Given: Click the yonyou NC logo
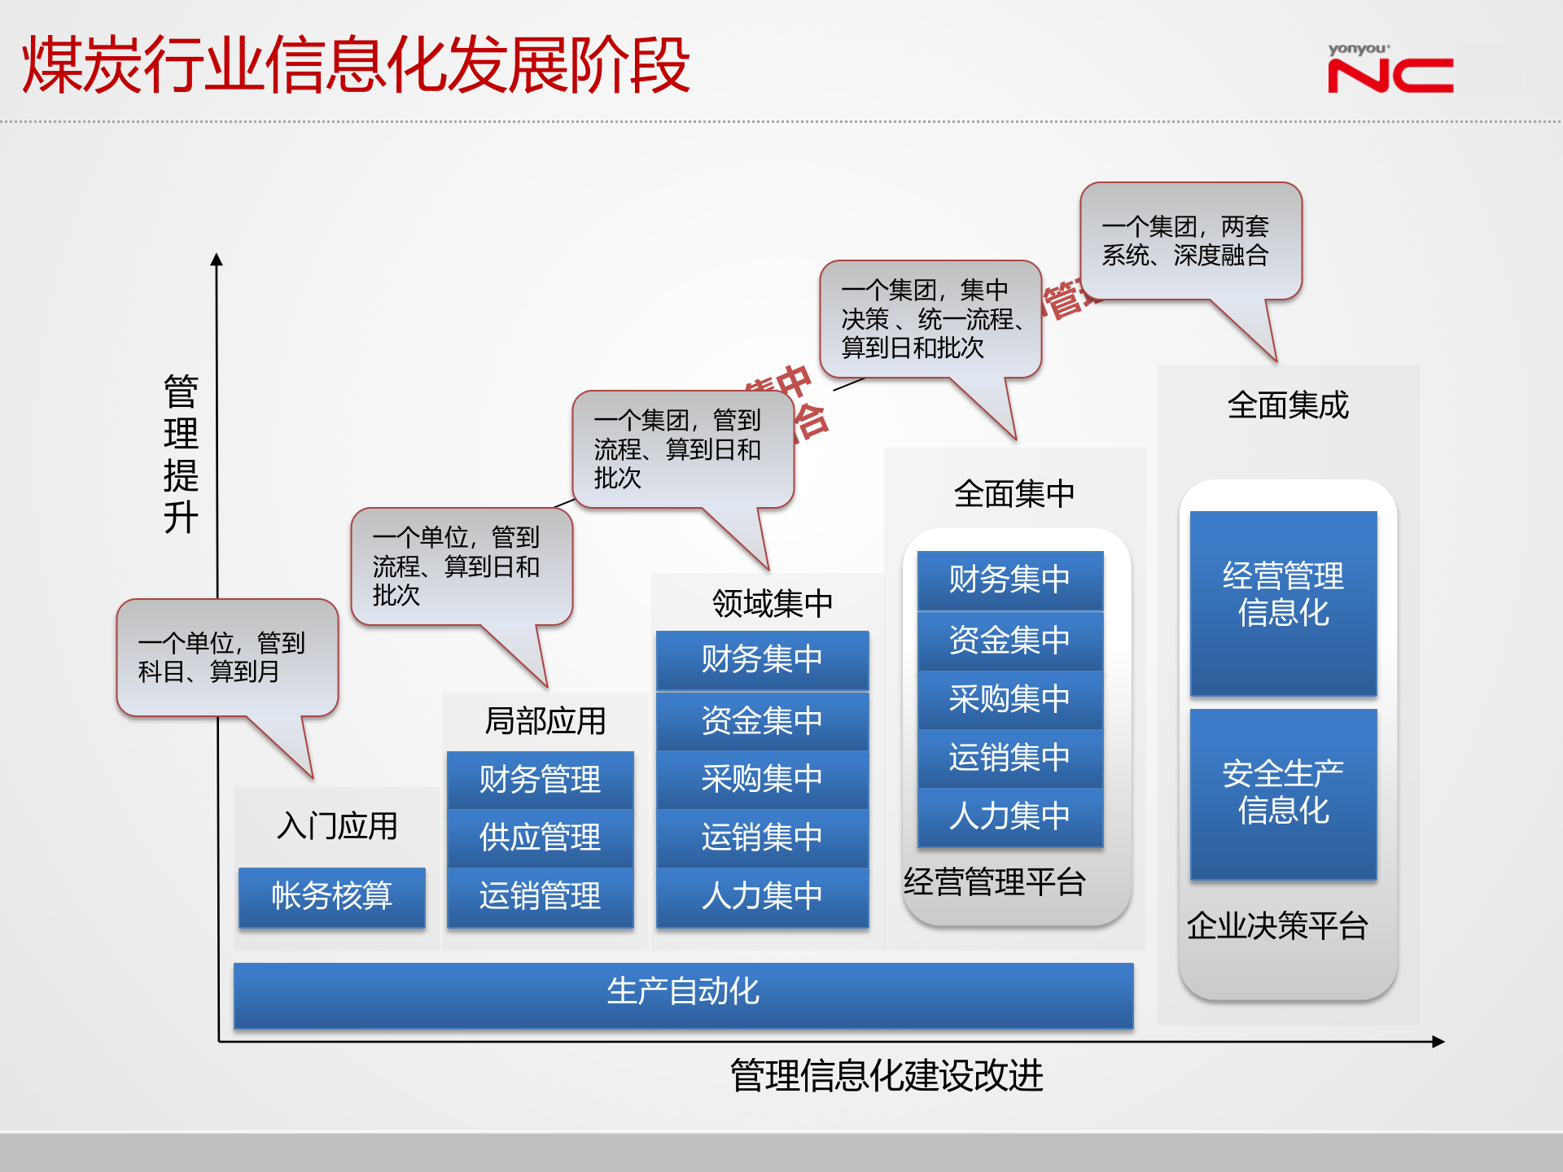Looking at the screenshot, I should (1390, 70).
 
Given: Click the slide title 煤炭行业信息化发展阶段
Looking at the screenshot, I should (356, 65).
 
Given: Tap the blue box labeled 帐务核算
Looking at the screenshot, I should (331, 896).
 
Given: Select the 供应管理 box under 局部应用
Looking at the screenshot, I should (540, 837).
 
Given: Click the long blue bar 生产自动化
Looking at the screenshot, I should (683, 993).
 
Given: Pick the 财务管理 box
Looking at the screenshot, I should (540, 780).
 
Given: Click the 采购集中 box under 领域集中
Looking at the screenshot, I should (762, 779).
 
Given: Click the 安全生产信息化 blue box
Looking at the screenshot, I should (1283, 794).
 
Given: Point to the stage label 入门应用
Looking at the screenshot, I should (337, 826).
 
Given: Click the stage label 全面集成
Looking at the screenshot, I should (1288, 405).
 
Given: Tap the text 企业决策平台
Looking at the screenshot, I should (1277, 926).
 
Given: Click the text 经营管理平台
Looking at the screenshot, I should (995, 882).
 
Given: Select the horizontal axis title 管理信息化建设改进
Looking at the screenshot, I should (887, 1076).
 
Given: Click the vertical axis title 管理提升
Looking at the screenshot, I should (181, 453).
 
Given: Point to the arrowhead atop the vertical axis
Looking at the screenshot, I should (217, 260).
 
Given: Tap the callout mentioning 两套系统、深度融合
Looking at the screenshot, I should (1190, 241).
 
